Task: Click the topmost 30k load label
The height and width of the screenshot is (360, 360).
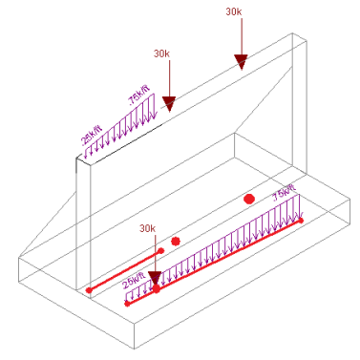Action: click(x=234, y=11)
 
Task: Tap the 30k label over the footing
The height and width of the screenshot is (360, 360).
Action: click(x=147, y=229)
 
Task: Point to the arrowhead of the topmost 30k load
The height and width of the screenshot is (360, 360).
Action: click(x=241, y=63)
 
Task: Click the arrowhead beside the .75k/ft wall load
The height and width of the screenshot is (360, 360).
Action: click(x=168, y=103)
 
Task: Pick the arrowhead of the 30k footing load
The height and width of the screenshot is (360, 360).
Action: click(x=154, y=279)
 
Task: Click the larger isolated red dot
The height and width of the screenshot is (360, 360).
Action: click(x=249, y=199)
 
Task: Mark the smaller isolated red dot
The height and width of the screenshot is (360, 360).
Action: click(x=176, y=241)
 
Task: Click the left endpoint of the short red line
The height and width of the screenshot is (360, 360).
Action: click(x=89, y=289)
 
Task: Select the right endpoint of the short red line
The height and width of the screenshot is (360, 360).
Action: click(x=161, y=251)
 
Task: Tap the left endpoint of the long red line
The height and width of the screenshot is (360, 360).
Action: click(x=128, y=304)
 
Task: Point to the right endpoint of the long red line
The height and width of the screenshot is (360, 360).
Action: click(x=301, y=221)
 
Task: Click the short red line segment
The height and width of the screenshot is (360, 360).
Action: click(x=125, y=270)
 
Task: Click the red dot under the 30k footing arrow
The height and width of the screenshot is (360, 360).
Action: click(x=158, y=288)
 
